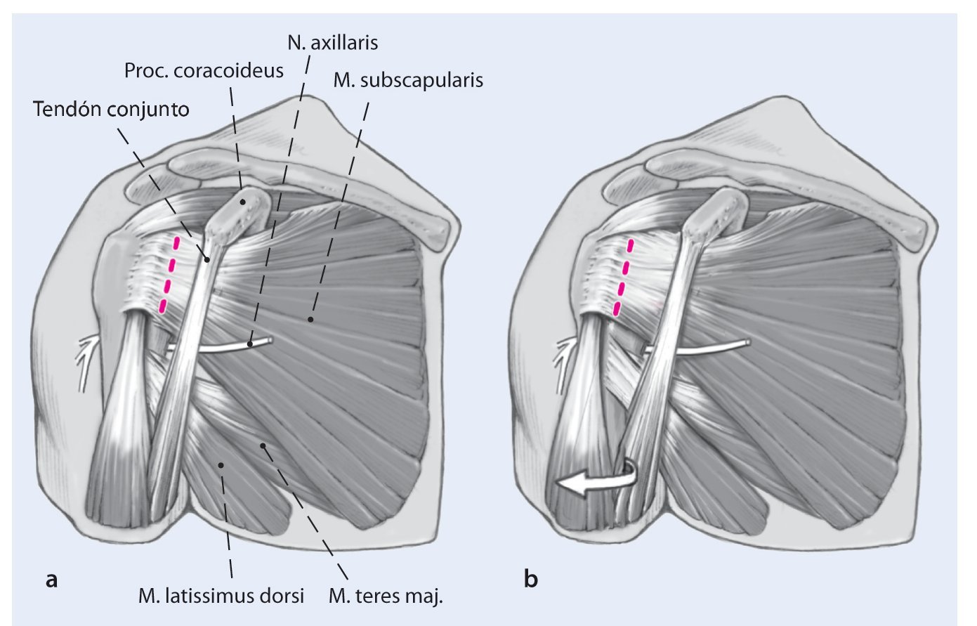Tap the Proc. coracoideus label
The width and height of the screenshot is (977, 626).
[204, 70]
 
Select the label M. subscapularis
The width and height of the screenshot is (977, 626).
[408, 79]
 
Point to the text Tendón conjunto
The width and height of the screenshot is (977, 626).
[110, 110]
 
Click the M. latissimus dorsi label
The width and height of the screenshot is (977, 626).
[221, 596]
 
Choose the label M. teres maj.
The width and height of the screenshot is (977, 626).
[386, 596]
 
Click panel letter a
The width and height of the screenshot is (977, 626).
[50, 580]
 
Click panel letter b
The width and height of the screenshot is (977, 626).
[532, 580]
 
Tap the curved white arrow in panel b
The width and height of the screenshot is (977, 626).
[596, 481]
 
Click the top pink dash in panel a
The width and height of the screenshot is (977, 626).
[176, 244]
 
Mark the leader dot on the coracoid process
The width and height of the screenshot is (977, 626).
[243, 202]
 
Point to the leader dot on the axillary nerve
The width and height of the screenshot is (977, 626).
[251, 344]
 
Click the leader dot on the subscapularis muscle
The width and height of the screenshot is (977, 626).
[310, 320]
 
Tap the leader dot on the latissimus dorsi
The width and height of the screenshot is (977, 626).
[221, 464]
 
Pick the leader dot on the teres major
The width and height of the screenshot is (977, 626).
[263, 445]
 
